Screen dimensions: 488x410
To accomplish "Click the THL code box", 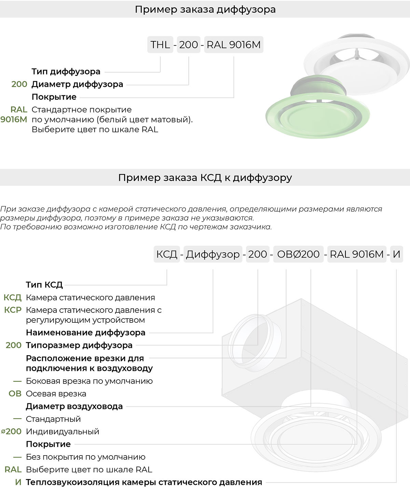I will (x=160, y=45).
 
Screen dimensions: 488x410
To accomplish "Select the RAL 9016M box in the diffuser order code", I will (x=234, y=45).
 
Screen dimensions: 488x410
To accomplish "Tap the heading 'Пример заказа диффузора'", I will (x=205, y=9).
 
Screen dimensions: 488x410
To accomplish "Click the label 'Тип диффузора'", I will (x=66, y=71).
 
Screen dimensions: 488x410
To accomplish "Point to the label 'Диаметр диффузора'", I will (x=77, y=84).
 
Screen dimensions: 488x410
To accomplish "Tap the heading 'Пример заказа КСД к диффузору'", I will (x=205, y=178).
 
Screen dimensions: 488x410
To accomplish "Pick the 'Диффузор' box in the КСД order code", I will (x=213, y=254).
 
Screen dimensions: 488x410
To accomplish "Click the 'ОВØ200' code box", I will (x=298, y=254).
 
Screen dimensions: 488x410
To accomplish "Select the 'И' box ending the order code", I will (x=396, y=254).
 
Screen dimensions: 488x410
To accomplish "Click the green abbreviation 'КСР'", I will (x=13, y=310).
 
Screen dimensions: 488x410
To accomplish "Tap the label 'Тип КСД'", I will (x=44, y=285).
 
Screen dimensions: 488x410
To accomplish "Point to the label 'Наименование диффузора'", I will (x=85, y=333).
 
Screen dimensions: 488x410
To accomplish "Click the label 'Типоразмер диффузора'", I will (x=79, y=345).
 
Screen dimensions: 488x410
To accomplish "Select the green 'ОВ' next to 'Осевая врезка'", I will (x=15, y=394).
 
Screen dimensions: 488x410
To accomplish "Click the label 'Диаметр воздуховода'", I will (x=74, y=406).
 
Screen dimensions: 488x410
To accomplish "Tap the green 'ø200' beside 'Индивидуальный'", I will (x=12, y=432).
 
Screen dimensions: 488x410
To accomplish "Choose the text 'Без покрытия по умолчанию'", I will (x=85, y=457).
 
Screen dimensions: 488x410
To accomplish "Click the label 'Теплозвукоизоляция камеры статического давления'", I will (x=144, y=482).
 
